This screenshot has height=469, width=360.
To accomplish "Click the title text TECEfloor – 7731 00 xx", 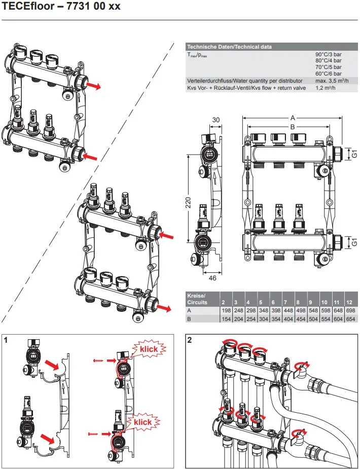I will coord(61,8).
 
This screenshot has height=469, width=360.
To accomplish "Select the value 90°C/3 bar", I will coord(329,54).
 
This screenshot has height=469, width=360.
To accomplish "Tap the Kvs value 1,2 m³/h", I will coord(326,88).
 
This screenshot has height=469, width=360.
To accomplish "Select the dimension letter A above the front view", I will coord(293,117).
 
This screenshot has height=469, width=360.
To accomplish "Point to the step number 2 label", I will coord(190,340).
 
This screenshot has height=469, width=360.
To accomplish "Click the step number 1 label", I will coord(6,340).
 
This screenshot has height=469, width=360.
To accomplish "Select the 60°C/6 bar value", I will coord(329,74).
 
